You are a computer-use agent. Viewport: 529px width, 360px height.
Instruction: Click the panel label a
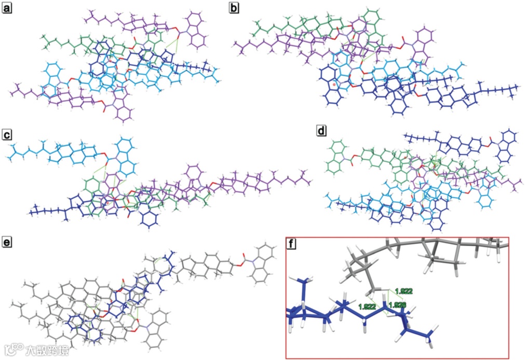(7, 7)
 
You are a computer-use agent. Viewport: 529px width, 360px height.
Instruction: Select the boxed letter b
(234, 7)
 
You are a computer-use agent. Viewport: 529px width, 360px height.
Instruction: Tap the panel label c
(7, 134)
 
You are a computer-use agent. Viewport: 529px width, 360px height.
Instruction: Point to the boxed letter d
(321, 131)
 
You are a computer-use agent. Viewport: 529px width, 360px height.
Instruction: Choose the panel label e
(7, 242)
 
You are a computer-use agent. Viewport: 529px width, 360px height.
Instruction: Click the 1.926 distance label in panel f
(397, 305)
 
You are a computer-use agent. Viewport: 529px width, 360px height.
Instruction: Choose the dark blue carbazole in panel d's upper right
(507, 147)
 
